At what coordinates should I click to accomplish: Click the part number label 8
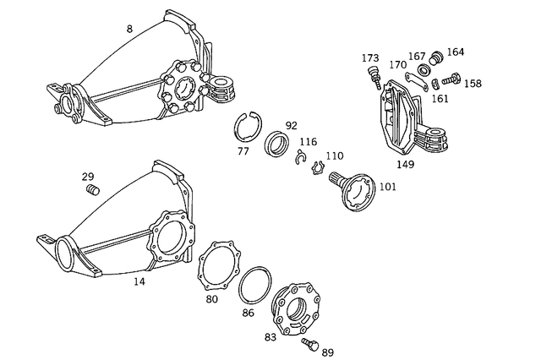(x=129, y=29)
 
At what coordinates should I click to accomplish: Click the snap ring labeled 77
(x=248, y=129)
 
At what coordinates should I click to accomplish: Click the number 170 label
(x=398, y=64)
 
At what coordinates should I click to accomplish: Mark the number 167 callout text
(x=418, y=57)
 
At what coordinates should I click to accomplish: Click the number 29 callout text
(x=88, y=177)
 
